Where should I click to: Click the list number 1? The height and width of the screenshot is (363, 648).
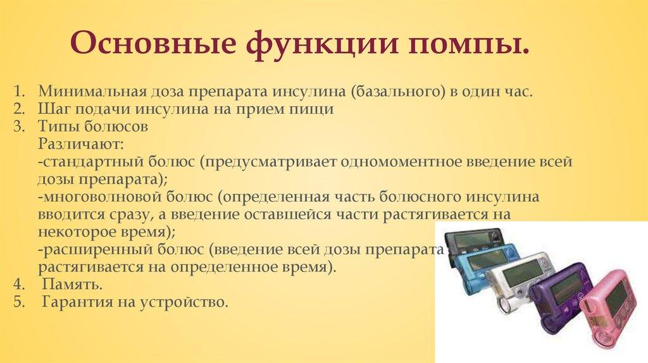tap(17, 91)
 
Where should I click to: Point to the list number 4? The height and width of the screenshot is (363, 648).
tap(18, 285)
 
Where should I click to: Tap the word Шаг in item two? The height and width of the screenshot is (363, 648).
tap(51, 109)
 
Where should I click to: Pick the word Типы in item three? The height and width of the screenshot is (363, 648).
tap(55, 126)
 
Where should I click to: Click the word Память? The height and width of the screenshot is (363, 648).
tap(67, 285)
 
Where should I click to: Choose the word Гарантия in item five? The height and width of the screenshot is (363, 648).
tap(70, 303)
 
